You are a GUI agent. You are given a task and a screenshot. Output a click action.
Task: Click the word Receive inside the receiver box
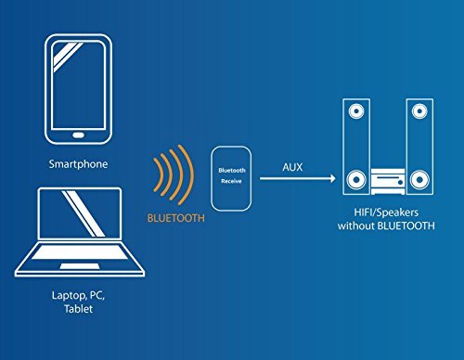click(x=233, y=184)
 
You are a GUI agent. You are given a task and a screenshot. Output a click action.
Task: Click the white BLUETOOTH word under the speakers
click(x=408, y=225)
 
